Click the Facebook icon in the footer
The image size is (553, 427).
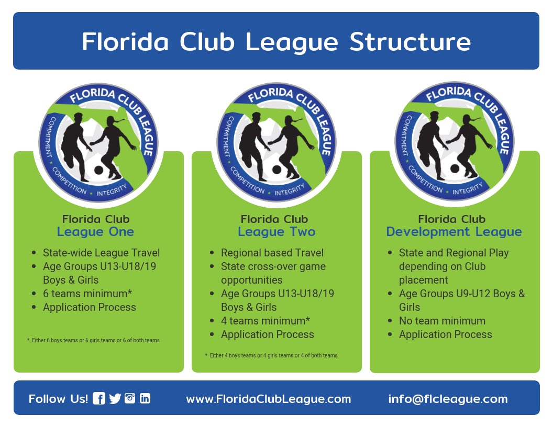click(99, 398)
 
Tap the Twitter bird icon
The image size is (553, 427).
click(115, 398)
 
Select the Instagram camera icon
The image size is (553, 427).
click(130, 398)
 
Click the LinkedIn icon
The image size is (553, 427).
click(145, 398)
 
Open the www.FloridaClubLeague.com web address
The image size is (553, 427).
click(269, 399)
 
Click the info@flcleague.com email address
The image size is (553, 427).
click(448, 399)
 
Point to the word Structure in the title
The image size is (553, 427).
click(410, 41)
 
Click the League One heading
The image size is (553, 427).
click(96, 231)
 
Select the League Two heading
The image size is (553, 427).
click(276, 231)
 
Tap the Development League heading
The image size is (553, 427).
click(454, 231)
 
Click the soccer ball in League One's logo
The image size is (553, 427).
click(99, 170)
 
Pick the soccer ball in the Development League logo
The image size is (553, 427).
click(455, 168)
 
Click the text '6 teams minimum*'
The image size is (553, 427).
click(87, 294)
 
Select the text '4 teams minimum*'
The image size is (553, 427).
click(266, 321)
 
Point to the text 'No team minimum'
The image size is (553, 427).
click(443, 321)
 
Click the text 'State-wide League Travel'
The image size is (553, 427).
click(101, 253)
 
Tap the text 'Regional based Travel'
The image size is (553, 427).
click(272, 253)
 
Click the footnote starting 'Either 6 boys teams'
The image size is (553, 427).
click(93, 340)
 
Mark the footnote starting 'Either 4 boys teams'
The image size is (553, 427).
click(271, 355)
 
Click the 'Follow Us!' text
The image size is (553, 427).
click(58, 399)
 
